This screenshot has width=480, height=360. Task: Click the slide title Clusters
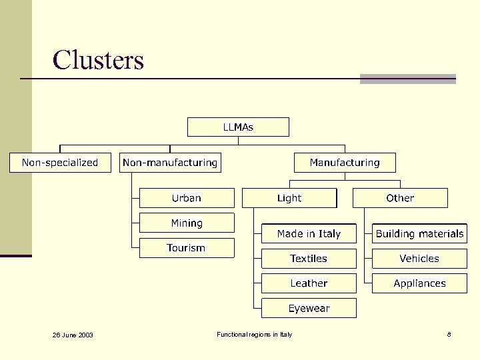click(98, 60)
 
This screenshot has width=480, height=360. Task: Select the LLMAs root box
click(238, 127)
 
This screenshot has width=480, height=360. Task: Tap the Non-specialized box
click(60, 163)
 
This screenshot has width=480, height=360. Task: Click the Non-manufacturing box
click(170, 163)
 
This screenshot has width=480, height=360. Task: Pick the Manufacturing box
click(345, 163)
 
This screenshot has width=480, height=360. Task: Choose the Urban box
click(187, 198)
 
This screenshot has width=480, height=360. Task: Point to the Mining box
click(187, 223)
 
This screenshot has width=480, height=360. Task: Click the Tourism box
click(187, 248)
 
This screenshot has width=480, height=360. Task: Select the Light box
click(289, 198)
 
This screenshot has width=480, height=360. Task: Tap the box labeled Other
click(400, 198)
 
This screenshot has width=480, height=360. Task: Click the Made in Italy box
click(309, 233)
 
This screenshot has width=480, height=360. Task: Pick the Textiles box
click(309, 259)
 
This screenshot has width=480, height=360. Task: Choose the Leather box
click(309, 283)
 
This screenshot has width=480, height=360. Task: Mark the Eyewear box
click(309, 308)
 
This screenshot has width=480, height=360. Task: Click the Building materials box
click(419, 233)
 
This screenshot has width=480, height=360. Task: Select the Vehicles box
click(419, 259)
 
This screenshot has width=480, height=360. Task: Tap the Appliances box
click(419, 283)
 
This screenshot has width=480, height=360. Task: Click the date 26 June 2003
click(73, 335)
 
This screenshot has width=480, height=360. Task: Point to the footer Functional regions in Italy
click(254, 334)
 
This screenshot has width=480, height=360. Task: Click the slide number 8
click(449, 334)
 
